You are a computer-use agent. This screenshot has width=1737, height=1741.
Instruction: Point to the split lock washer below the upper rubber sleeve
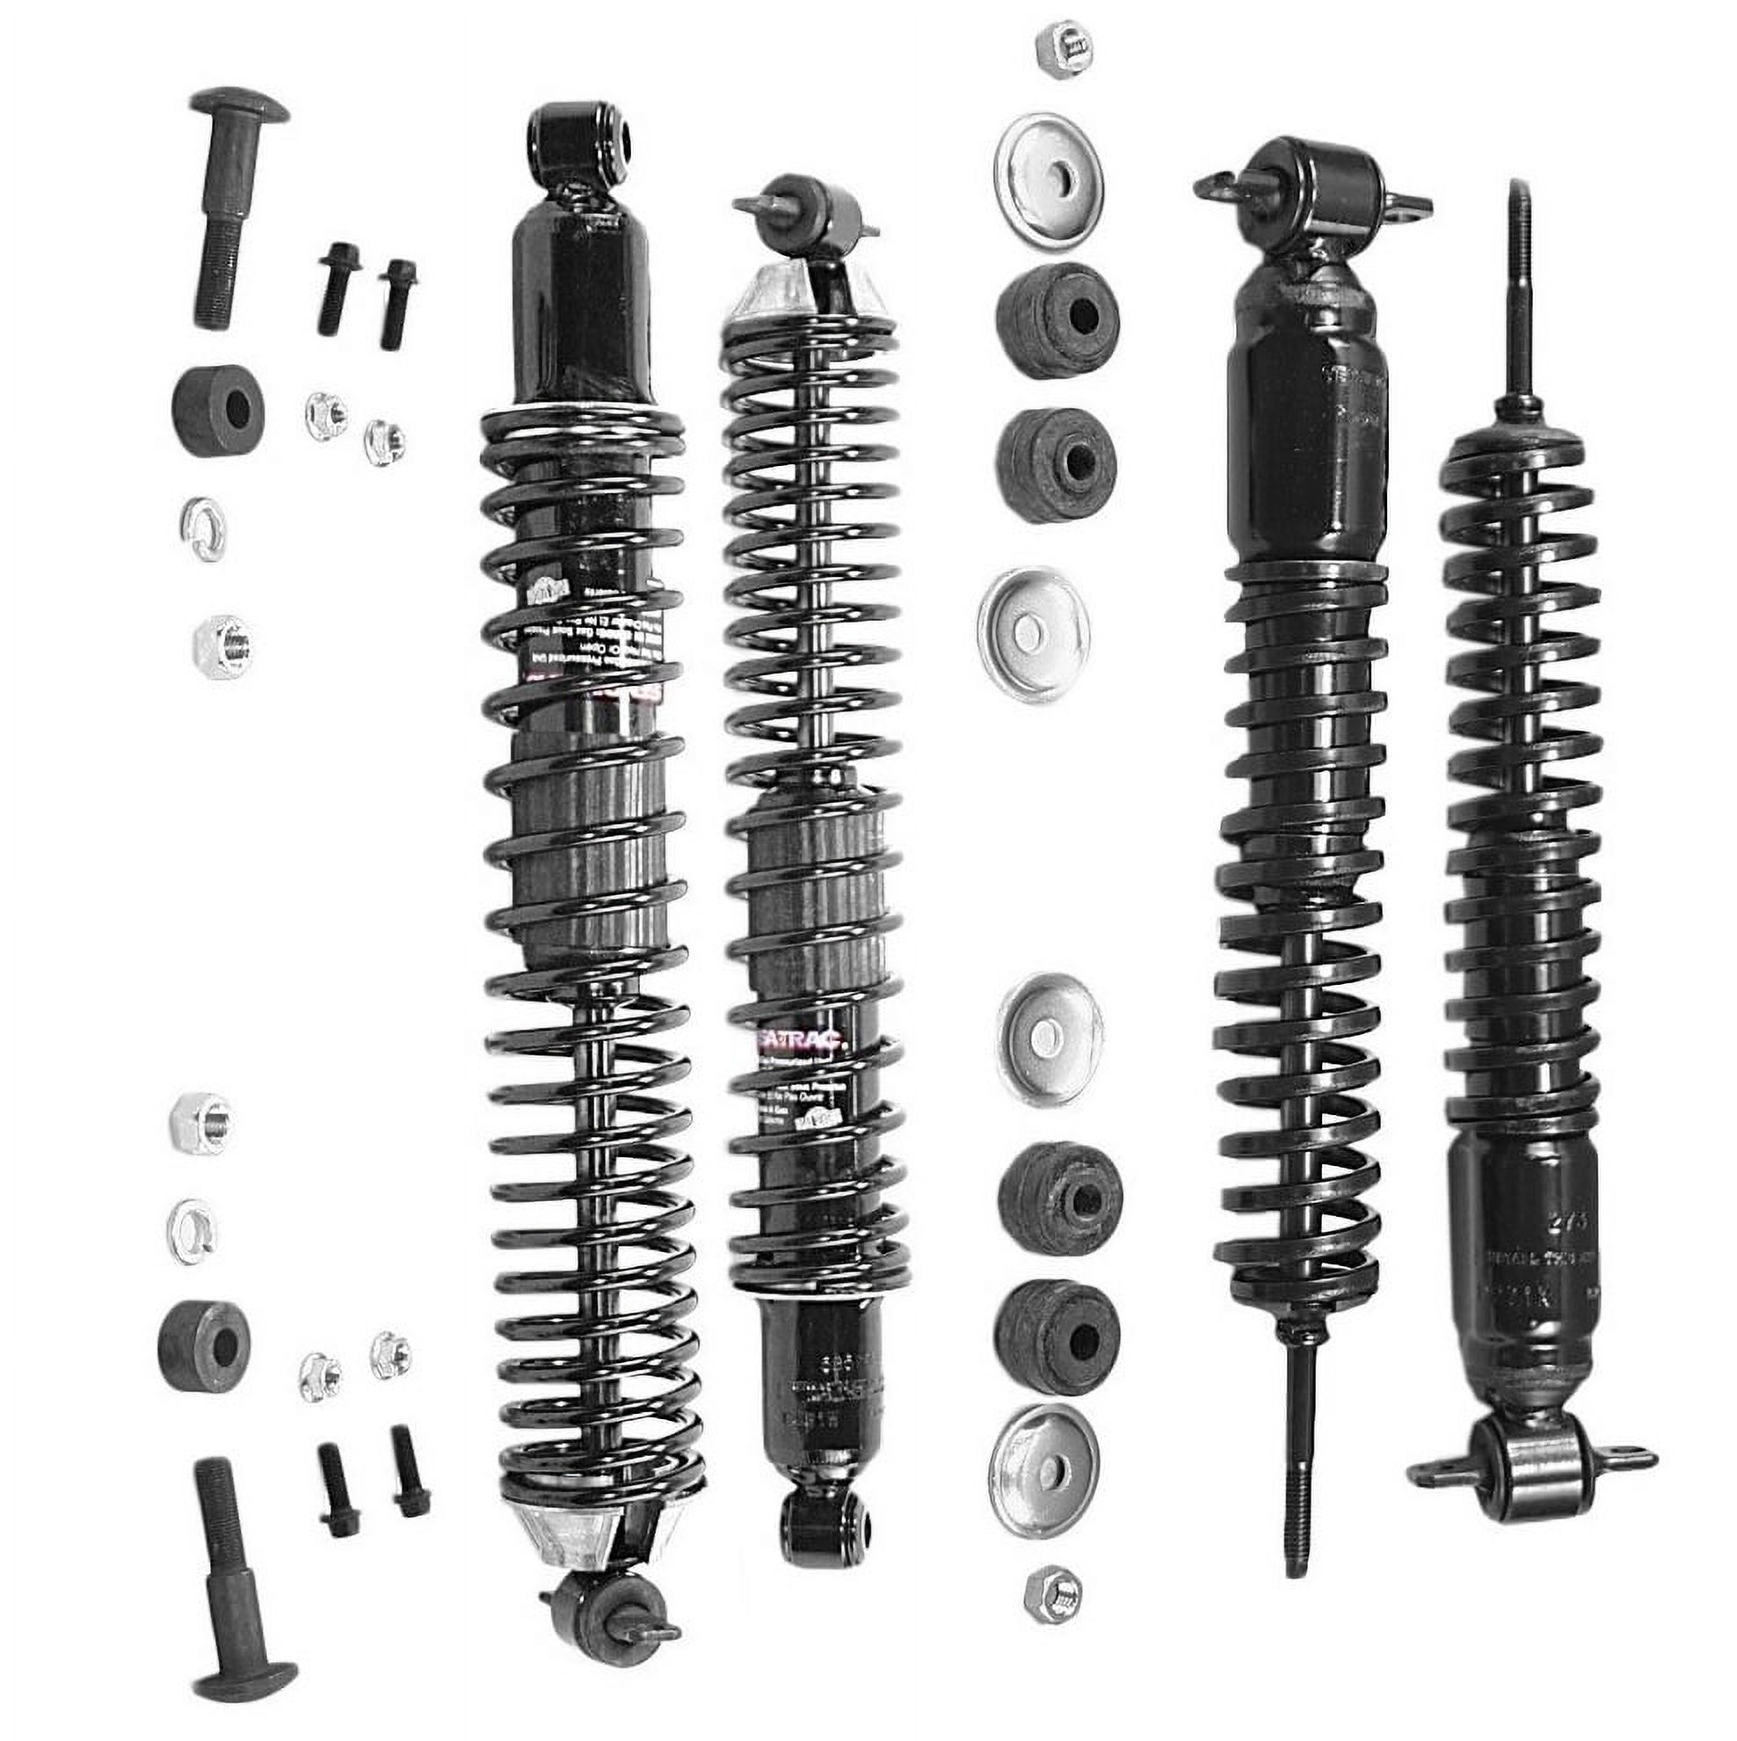pos(204,528)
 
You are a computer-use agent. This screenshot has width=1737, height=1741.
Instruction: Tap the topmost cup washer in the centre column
pos(1049,180)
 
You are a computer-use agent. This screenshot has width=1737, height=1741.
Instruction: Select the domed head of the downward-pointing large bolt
pos(239,107)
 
